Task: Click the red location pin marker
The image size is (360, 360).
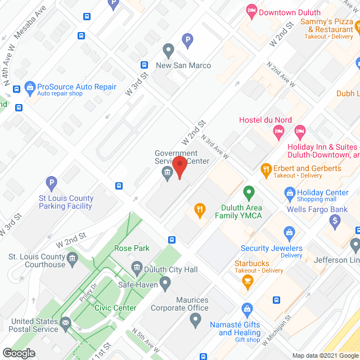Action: click(179, 167)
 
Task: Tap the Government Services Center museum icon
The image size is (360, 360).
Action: click(167, 173)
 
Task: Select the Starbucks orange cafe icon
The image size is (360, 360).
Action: click(246, 282)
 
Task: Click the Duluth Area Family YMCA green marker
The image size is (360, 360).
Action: click(248, 193)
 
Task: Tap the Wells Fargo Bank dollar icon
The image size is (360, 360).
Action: click(335, 221)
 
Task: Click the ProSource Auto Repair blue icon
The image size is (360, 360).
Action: click(29, 87)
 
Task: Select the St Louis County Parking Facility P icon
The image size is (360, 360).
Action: click(51, 183)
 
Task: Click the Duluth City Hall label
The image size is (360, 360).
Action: click(172, 269)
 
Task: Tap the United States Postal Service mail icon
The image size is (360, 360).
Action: click(66, 323)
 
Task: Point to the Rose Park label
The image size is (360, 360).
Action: click(131, 248)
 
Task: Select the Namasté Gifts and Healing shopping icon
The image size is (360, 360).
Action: click(246, 309)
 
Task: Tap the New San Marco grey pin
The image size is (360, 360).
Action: click(167, 50)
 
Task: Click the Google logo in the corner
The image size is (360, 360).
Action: click(19, 353)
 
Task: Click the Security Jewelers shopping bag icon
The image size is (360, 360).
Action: click(289, 232)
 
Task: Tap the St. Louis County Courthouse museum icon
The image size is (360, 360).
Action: click(73, 259)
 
